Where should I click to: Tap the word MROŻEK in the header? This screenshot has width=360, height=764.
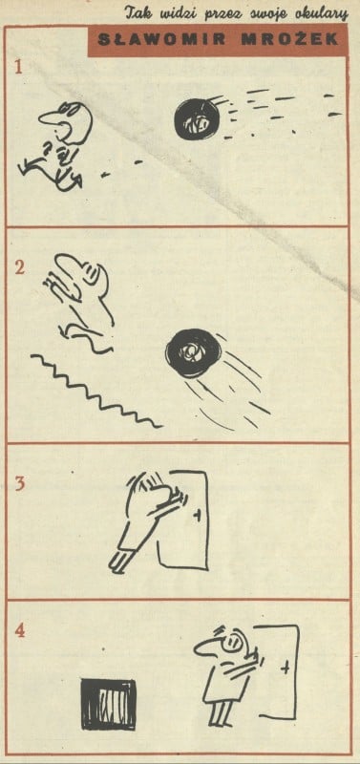coord(289,40)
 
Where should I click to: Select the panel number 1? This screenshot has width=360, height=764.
coord(18,67)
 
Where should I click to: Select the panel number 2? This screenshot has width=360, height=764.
coord(19,267)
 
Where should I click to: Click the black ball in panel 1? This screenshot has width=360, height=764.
coord(198,119)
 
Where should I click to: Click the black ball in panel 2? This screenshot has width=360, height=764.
coord(187,350)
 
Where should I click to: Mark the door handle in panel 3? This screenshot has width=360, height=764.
coord(197,516)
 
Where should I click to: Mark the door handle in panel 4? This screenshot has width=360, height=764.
coord(286,667)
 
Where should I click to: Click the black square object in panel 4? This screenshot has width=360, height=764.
coord(108,705)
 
